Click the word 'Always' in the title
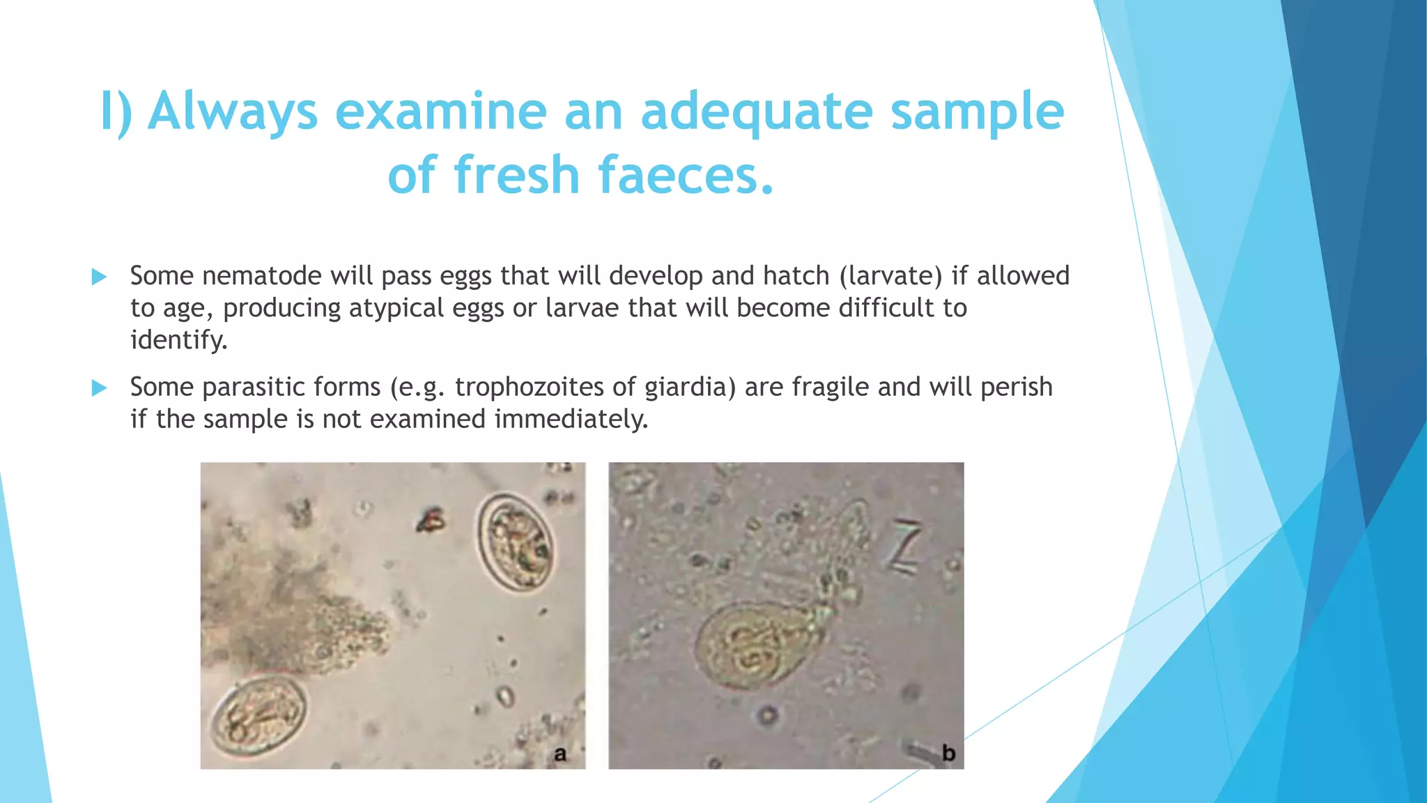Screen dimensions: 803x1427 point(233,112)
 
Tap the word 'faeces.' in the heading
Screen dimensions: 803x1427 point(686,174)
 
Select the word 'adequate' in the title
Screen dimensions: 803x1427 point(756,112)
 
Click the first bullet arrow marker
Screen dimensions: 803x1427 point(99,277)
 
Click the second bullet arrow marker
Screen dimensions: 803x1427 point(99,388)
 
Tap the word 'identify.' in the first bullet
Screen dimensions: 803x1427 point(179,340)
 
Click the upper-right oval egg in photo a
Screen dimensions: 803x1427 point(515,543)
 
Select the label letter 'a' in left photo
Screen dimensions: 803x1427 point(560,754)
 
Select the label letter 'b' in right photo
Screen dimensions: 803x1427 point(948,754)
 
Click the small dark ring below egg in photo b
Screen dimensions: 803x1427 point(768,715)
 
